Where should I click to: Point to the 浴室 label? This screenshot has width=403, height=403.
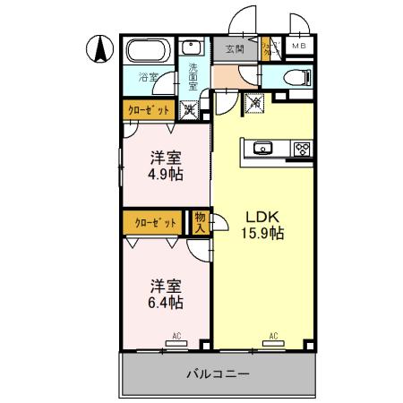pos(148,77)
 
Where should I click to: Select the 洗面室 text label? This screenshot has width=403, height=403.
pos(192,77)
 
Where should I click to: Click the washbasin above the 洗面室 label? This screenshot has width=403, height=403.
pos(191,49)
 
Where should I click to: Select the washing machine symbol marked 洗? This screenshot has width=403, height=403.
pos(190,111)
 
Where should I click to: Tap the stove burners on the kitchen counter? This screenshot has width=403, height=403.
pos(301,148)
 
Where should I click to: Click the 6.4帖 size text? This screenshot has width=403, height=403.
pos(167,303)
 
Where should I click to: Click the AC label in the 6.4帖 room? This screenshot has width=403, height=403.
pos(177,337)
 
